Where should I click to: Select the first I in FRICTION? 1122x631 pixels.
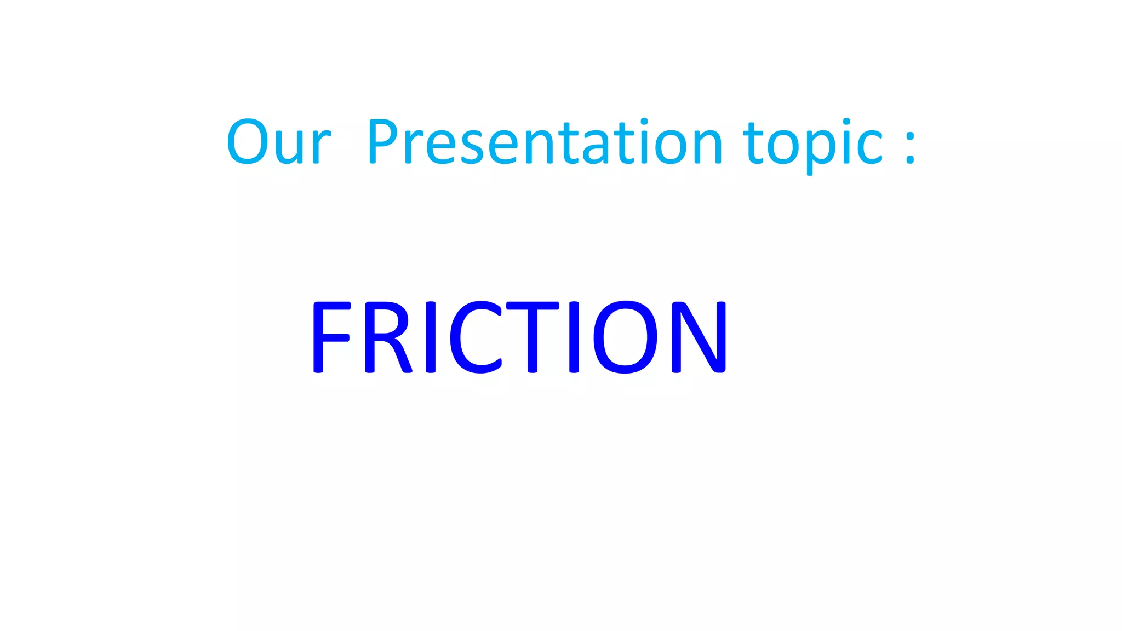click(x=431, y=337)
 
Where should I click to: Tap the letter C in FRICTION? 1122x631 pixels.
click(x=475, y=337)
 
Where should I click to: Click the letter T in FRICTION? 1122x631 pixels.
click(x=533, y=337)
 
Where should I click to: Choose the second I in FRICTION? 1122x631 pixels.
click(x=574, y=337)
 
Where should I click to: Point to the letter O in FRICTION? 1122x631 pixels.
click(x=625, y=337)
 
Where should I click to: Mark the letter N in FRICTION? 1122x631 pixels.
click(x=699, y=337)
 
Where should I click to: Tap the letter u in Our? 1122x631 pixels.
click(x=290, y=147)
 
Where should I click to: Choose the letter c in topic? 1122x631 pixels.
click(x=869, y=147)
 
